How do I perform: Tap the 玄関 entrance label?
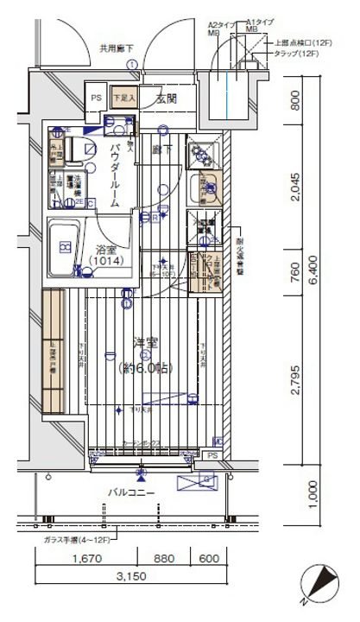[x=167, y=98]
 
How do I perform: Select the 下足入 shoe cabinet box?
[x=125, y=98]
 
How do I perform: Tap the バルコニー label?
[x=131, y=493]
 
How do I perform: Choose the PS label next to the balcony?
[x=213, y=455]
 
